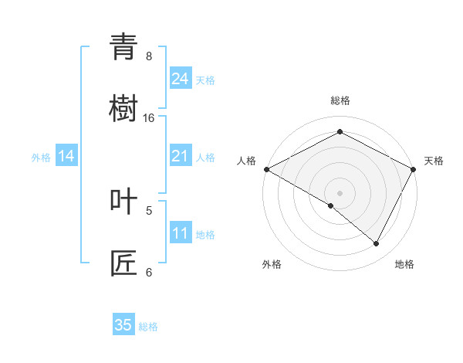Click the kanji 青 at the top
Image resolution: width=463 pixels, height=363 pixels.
[123, 48]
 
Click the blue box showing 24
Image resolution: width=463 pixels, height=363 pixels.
[181, 79]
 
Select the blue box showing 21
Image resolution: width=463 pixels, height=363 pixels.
[181, 156]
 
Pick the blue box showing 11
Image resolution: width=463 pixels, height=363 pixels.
[181, 233]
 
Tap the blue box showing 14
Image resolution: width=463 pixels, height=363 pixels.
[66, 156]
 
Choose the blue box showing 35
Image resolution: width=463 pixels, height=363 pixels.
[123, 325]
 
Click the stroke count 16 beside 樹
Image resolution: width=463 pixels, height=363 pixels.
[149, 118]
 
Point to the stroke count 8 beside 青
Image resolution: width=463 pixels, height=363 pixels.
[149, 56]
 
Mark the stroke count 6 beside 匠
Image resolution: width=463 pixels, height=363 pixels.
[149, 272]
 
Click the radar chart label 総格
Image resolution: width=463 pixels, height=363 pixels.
[340, 100]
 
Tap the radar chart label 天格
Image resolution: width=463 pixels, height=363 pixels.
[434, 161]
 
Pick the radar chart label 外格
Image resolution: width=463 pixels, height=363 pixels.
[272, 264]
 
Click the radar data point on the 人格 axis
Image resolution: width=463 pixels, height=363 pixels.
[266, 168]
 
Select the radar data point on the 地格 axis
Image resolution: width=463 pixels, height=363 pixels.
[377, 243]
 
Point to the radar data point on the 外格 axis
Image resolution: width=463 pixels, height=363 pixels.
[331, 205]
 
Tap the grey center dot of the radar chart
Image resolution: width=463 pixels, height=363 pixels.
[340, 192]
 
